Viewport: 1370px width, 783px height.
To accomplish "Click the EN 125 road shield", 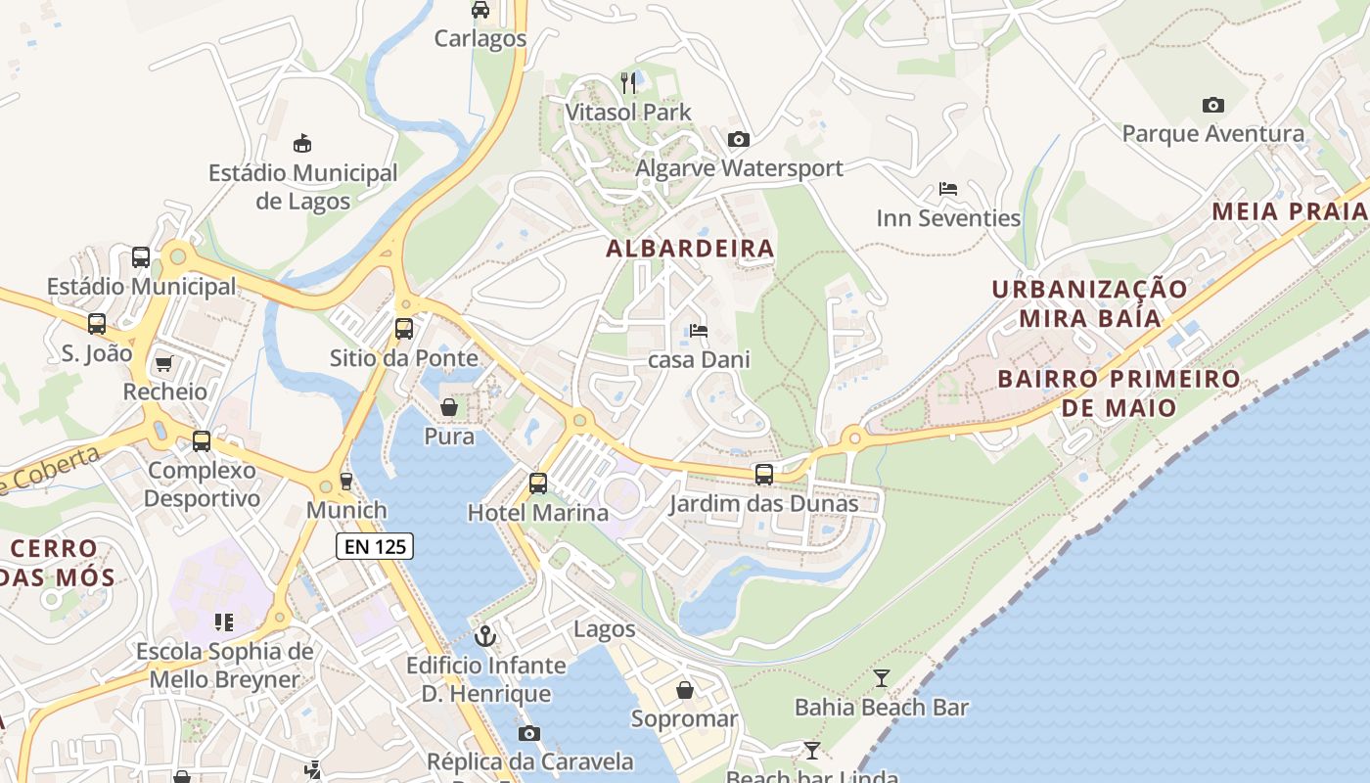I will (375, 546).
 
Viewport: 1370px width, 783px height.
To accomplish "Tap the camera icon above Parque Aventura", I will (1212, 105).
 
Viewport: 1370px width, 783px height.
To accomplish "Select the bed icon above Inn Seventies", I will (947, 188).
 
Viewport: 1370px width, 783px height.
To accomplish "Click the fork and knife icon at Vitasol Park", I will (628, 82).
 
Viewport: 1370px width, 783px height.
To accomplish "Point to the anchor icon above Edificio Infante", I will (484, 636).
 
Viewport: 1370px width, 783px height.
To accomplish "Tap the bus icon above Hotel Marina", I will (537, 483).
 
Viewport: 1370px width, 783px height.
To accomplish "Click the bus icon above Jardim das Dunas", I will (763, 475).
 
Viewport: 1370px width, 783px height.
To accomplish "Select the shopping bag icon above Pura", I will (449, 406).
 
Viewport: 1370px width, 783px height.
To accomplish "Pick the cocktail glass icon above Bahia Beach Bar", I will (881, 677).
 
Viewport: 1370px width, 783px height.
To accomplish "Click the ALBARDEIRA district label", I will (690, 249).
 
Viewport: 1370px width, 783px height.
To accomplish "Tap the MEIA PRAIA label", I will (1289, 211).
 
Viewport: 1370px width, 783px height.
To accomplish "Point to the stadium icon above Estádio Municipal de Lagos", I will (302, 143).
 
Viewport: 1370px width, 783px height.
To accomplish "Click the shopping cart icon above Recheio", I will (163, 363).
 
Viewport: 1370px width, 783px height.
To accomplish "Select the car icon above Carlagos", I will (479, 10).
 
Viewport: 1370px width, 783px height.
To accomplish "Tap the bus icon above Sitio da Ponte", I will (404, 329).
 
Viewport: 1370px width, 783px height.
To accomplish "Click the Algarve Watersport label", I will (739, 168).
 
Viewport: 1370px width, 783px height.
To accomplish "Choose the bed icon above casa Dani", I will (699, 331).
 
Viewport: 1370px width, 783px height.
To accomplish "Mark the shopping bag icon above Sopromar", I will (684, 690).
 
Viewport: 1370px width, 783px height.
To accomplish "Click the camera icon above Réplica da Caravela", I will (528, 733).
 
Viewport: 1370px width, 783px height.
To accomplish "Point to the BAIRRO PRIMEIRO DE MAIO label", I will (1119, 392).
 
